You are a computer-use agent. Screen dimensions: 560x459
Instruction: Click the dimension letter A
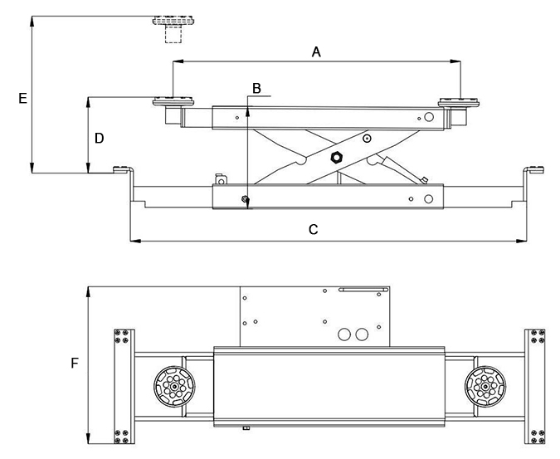[316, 52]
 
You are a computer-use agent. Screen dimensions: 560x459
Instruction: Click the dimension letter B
[256, 88]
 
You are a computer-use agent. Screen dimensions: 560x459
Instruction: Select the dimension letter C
[313, 229]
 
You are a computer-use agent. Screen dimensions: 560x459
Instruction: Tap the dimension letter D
[99, 138]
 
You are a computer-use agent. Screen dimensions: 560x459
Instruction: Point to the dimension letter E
[22, 98]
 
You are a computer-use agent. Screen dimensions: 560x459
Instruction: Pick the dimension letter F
[75, 364]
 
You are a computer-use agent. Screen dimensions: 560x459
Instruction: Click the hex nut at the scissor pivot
[337, 157]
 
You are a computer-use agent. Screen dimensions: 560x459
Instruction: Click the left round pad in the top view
[174, 387]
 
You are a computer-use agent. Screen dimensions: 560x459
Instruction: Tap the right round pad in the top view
[485, 387]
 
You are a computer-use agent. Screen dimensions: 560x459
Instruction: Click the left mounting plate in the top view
[124, 387]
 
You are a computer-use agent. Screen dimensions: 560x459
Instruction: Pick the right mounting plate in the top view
[535, 387]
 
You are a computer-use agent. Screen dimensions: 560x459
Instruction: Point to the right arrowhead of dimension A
[455, 61]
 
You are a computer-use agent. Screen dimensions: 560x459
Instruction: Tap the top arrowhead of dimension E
[32, 22]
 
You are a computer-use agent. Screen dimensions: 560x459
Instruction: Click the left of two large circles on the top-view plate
[344, 334]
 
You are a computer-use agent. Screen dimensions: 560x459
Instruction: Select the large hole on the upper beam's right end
[429, 117]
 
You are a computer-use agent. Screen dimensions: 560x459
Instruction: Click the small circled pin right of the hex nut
[367, 139]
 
